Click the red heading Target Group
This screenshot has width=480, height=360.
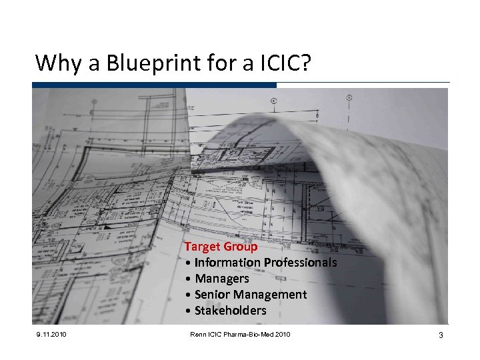tap(221, 247)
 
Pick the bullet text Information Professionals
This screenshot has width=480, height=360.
tap(265, 263)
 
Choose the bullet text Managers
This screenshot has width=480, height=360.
tap(221, 279)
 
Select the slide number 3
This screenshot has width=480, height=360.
tap(441, 335)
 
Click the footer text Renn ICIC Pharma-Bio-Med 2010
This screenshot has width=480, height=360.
tap(240, 334)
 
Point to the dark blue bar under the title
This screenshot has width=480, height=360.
tap(154, 85)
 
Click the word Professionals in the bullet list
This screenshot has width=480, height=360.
tap(300, 263)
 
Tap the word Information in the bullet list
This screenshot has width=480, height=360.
tap(227, 263)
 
